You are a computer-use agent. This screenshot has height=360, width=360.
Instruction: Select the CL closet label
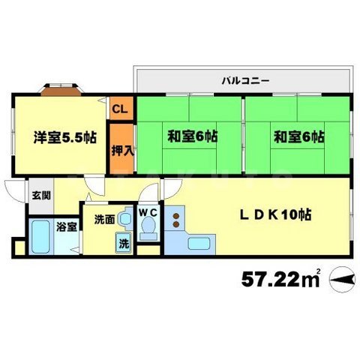pyautogui.click(x=119, y=109)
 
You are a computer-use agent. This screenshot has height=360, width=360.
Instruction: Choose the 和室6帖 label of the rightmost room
pyautogui.click(x=298, y=137)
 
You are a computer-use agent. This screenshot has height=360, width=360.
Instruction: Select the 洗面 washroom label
pyautogui.click(x=103, y=220)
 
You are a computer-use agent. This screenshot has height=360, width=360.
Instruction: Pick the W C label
pyautogui.click(x=148, y=212)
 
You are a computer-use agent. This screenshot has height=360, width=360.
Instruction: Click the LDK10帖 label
pyautogui.click(x=276, y=214)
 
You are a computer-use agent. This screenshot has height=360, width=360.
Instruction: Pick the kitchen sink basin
pyautogui.click(x=199, y=243)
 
